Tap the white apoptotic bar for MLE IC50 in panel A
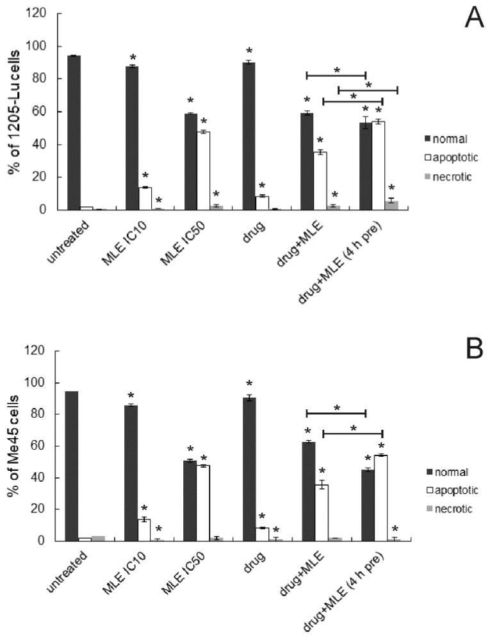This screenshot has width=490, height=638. pos(204,170)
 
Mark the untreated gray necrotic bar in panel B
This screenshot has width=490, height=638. pos(98,538)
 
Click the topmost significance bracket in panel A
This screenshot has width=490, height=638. pos(336,75)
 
